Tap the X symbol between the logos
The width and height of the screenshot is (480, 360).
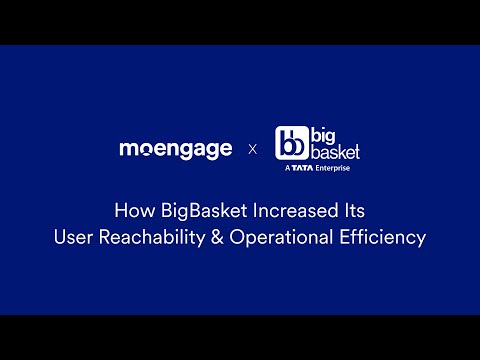[252, 150]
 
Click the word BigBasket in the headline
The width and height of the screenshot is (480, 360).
[196, 212]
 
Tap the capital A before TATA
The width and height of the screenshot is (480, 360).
[287, 169]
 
